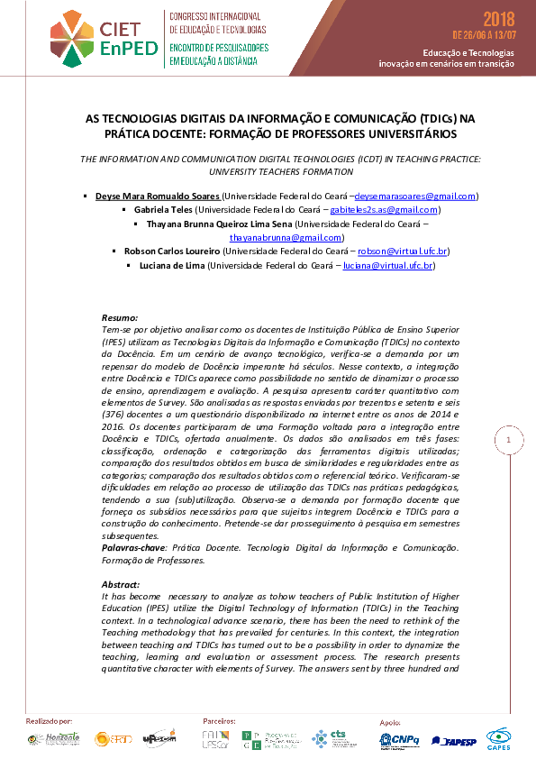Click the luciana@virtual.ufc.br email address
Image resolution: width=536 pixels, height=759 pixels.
point(388,266)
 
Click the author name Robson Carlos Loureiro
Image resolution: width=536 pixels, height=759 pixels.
point(170,251)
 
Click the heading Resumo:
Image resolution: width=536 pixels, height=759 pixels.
point(120,318)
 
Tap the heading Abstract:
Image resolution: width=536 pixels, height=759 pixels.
point(122,584)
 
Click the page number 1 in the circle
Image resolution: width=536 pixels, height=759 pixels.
point(509,440)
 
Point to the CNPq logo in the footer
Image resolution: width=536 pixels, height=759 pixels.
point(397,740)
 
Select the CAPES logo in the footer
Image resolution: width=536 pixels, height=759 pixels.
point(499,739)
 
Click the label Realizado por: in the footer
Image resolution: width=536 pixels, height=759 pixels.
point(49,721)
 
